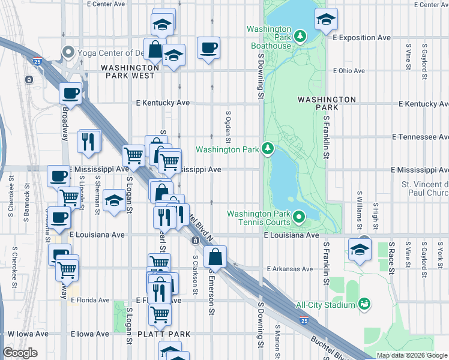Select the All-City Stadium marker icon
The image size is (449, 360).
tap(363, 305)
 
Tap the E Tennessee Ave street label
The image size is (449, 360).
tap(420, 137)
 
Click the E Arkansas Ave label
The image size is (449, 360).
tap(290, 269)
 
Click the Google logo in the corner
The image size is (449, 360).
tap(20, 353)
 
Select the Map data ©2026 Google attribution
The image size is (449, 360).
tap(412, 355)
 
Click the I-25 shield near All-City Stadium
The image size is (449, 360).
tap(305, 322)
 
